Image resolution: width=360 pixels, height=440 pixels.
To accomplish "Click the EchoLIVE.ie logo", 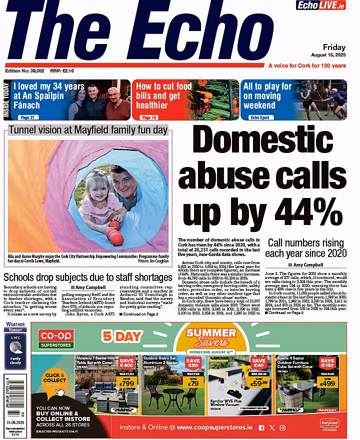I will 327,5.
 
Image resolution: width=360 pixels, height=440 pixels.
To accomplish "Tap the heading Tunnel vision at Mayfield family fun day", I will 88,131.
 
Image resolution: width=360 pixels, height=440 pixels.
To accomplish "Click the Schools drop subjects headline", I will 88,277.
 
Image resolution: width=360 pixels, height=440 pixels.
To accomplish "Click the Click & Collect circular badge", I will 55,378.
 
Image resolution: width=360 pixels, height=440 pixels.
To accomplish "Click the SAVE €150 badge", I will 327,363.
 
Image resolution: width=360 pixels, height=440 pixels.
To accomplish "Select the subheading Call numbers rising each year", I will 307,247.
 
